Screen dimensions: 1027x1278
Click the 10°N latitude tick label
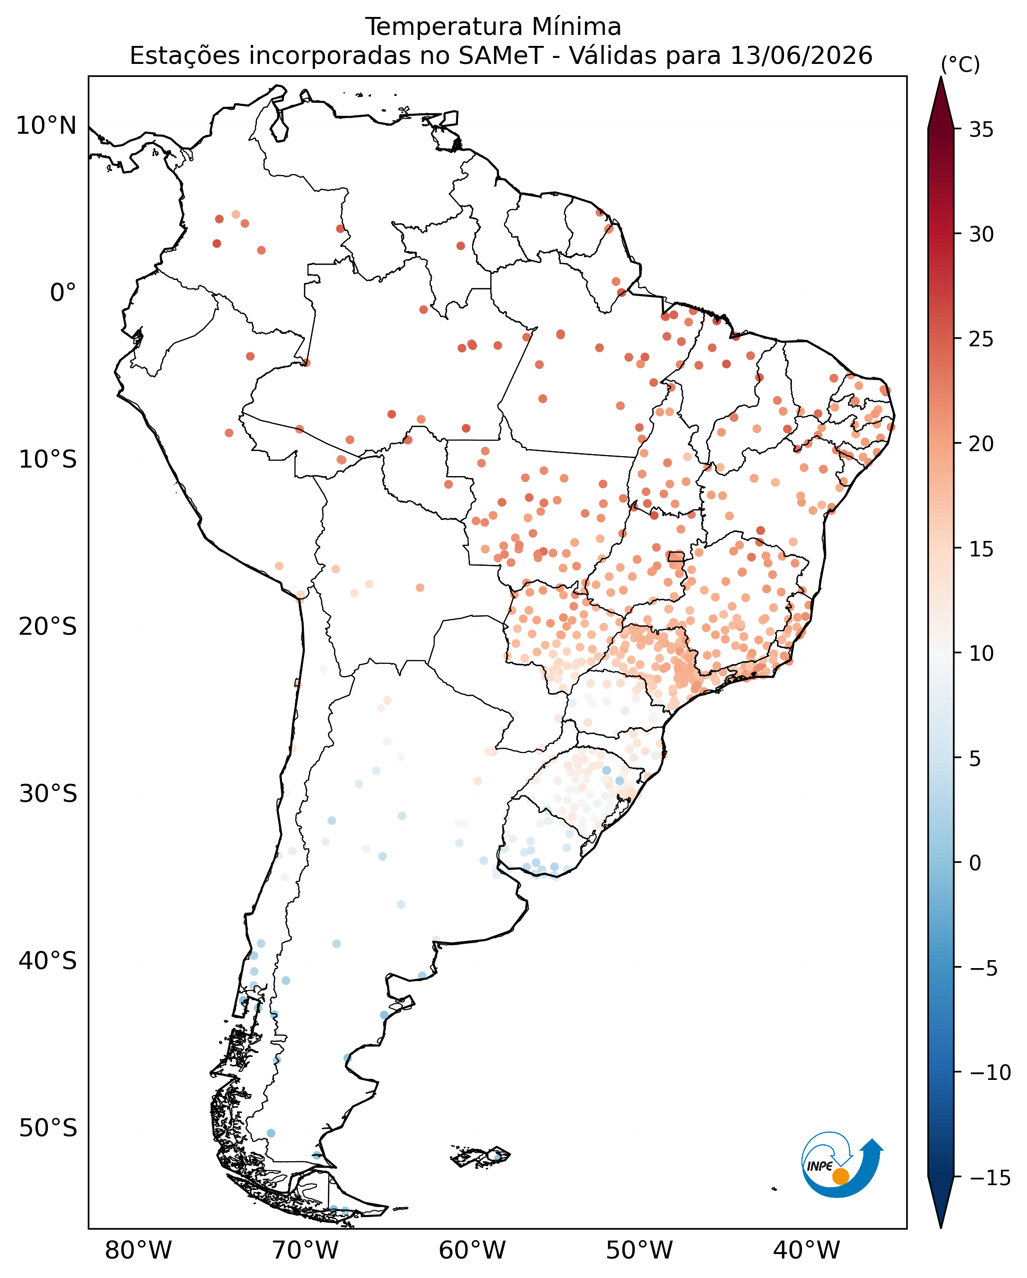click(46, 126)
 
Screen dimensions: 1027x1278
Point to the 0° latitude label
click(63, 293)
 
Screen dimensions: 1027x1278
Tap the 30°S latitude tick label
click(47, 794)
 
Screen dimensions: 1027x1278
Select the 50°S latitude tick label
click(47, 1128)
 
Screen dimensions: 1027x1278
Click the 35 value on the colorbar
click(982, 130)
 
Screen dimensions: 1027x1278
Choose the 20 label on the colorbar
click(982, 444)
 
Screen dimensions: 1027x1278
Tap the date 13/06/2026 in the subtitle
click(801, 56)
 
